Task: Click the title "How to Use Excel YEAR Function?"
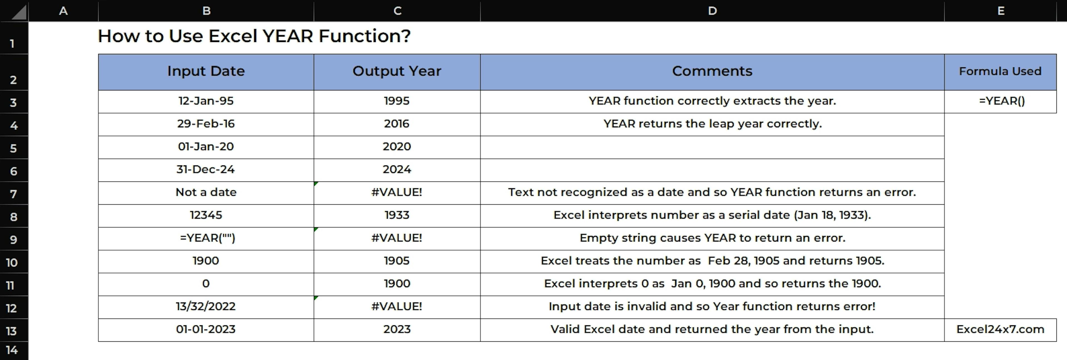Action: click(x=254, y=36)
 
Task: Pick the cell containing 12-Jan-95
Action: click(x=206, y=101)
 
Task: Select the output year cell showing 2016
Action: click(x=397, y=124)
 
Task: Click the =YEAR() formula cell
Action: click(x=1000, y=101)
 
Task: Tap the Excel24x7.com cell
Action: click(x=1000, y=330)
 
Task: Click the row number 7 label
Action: click(x=14, y=193)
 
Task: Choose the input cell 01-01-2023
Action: click(x=206, y=330)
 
